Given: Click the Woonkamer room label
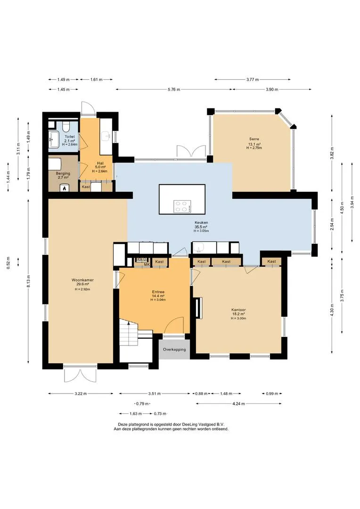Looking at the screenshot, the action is pos(82,280).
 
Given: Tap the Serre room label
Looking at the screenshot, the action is pos(254,139).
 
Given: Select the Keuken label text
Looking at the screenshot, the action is pos(201,222).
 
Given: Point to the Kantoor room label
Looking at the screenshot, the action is pos(238,310).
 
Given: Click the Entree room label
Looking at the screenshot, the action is pos(158,292).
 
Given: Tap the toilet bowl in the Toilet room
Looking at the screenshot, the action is pos(66,124).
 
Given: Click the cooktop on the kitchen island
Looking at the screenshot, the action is pos(182,206).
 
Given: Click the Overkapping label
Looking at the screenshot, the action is pos(174,350).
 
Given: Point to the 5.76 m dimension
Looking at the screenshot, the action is pos(174,90).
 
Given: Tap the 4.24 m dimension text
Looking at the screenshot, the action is pos(238,404).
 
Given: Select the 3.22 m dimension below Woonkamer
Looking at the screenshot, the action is pos(81,394).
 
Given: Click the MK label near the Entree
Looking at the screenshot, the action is pos(147,264).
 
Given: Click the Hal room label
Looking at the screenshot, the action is pos(100,163).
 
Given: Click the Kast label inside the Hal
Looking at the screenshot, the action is pos(86,187).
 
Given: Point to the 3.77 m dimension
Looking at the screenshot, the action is pos(253,80).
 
